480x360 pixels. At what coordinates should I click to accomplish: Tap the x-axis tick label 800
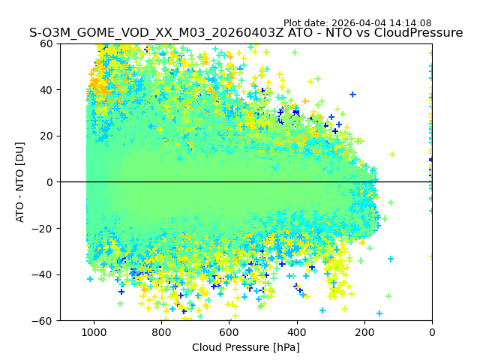click(x=161, y=331)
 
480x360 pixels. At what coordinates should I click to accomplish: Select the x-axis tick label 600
click(x=229, y=331)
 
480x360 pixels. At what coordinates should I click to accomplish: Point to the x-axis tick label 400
click(x=296, y=331)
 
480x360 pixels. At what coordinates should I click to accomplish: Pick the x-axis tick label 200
click(x=364, y=331)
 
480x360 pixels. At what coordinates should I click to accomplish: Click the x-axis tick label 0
click(x=431, y=331)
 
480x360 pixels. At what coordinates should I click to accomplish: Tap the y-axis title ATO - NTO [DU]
click(x=21, y=182)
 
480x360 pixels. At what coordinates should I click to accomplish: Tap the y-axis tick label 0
click(x=49, y=182)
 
